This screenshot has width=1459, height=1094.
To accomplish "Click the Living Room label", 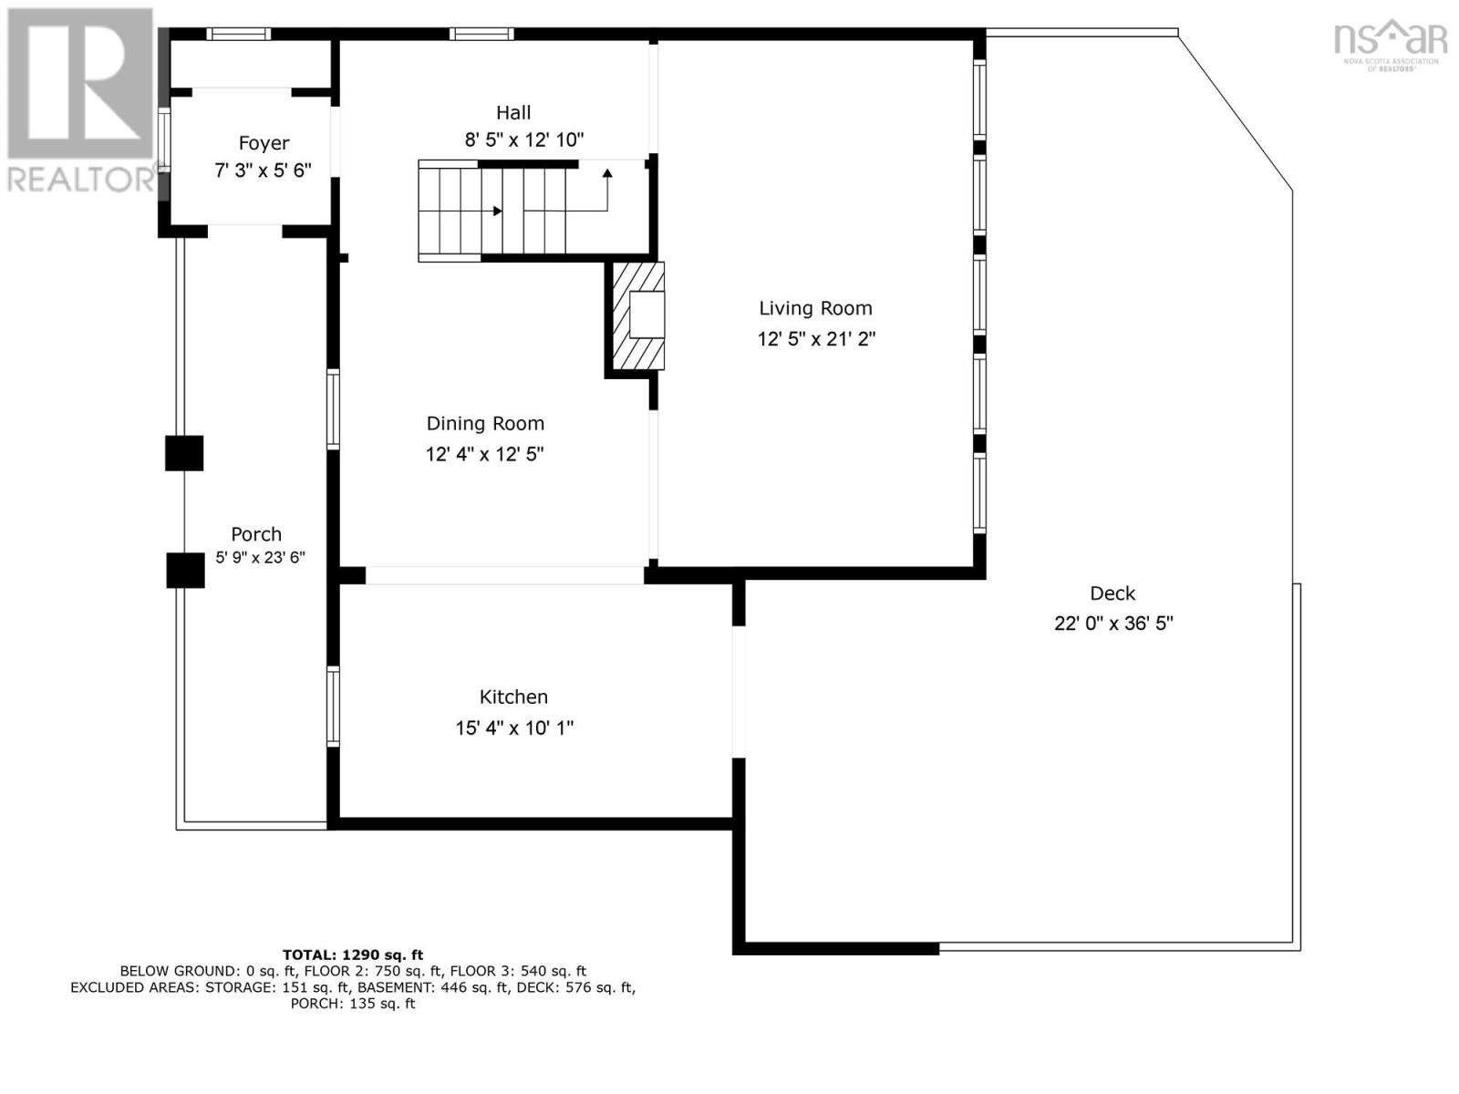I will point(815,308).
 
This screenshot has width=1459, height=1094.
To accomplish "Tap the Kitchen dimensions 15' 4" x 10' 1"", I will point(514,728).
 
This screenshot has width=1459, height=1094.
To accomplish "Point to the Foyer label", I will point(264,143).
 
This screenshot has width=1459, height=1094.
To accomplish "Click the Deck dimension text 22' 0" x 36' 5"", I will point(1112,624).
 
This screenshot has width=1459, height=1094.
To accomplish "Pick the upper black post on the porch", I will point(184,453).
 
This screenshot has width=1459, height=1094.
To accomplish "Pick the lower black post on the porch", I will point(185,570).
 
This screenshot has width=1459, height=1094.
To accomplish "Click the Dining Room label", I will point(485,423).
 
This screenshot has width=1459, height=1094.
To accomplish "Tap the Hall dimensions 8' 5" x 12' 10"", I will point(523,140).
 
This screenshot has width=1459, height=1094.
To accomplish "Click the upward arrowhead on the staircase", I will point(607,173).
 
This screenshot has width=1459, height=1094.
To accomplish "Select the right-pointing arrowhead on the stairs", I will point(497,212).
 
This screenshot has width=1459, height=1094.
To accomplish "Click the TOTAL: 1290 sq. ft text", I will point(353,955).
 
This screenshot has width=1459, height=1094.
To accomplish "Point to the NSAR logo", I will point(1390,42).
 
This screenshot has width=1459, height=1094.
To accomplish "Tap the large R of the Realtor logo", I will point(80,84).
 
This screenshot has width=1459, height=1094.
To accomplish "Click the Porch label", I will point(256,534).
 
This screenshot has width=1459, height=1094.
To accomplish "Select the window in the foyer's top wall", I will point(238,35).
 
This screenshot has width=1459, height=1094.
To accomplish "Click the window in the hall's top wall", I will point(481,35).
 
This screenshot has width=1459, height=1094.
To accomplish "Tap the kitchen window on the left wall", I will point(334,707).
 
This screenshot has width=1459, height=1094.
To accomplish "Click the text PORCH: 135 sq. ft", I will point(353,1004).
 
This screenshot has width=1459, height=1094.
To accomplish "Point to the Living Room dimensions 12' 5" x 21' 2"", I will point(816,339).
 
